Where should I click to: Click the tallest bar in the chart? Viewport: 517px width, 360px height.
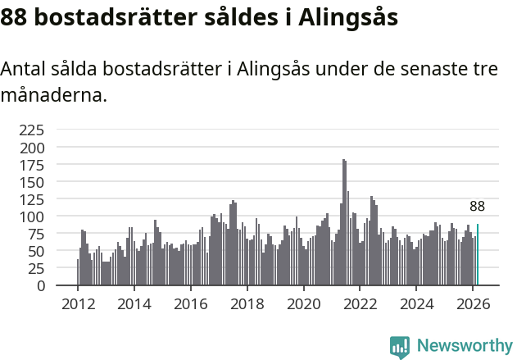(344, 222)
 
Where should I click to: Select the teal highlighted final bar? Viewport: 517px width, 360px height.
(478, 255)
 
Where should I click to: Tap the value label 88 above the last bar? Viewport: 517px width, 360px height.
(477, 207)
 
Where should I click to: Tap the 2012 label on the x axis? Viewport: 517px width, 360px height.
(78, 303)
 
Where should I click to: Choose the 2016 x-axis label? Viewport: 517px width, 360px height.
(190, 303)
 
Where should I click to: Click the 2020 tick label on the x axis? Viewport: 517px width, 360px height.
(303, 303)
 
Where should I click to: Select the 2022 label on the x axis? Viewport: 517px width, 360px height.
(360, 303)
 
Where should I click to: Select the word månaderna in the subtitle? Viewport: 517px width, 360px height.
(54, 95)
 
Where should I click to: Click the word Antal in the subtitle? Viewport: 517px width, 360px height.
(24, 69)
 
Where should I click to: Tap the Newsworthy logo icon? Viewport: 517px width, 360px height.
(400, 347)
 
